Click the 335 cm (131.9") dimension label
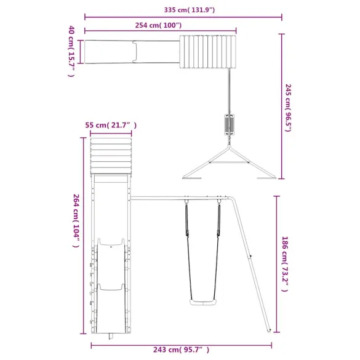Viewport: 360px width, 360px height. [190, 10]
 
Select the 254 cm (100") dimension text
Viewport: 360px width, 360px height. [158, 25]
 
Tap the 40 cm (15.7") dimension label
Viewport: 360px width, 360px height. [71, 51]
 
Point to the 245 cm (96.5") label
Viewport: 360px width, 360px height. [288, 108]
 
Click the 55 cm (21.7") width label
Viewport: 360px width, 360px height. [111, 126]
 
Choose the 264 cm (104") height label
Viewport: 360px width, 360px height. [76, 221]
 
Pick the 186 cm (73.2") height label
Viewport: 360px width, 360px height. [285, 264]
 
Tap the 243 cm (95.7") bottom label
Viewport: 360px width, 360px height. [182, 350]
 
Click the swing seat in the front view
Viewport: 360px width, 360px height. [203, 302]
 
